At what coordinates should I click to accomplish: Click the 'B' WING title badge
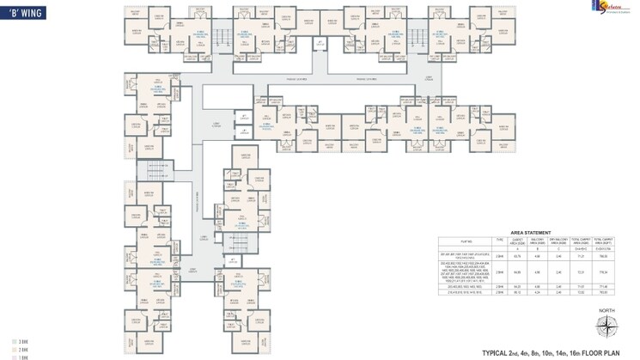23,13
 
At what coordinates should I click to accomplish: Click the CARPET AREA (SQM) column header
517,241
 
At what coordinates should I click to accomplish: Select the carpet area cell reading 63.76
517,256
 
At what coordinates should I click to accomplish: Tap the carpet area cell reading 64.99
517,272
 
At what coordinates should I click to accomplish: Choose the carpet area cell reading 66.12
517,292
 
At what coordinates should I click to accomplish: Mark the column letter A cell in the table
517,249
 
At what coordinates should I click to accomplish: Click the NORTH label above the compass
606,312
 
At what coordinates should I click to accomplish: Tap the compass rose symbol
606,327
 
